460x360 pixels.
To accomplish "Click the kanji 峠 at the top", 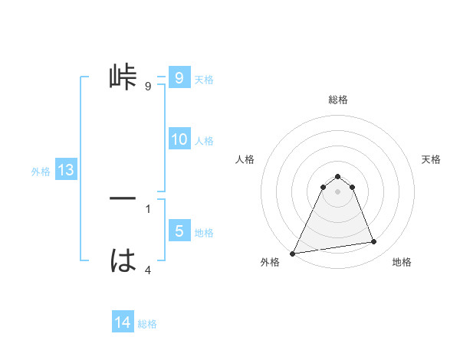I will click(123, 77).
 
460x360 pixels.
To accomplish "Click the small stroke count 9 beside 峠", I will click(147, 87).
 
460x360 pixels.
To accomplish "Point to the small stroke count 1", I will click(147, 208).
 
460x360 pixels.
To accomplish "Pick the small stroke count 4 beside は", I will click(147, 270).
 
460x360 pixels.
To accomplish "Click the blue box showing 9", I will click(179, 78).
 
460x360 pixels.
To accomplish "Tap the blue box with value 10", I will click(179, 139).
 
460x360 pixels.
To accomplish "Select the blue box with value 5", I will click(179, 231).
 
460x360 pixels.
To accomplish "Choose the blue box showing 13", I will click(66, 170).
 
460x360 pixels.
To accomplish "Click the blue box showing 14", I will click(123, 323).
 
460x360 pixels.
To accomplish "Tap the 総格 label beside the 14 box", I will click(147, 324).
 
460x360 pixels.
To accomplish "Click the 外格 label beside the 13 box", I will click(41, 172).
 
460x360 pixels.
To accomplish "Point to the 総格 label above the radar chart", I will click(337, 100).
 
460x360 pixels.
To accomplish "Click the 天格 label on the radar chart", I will click(432, 159).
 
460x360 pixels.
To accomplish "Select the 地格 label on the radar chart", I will click(402, 262).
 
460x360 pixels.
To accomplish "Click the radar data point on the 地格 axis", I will click(374, 242).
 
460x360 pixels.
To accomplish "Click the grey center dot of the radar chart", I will click(337, 191).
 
